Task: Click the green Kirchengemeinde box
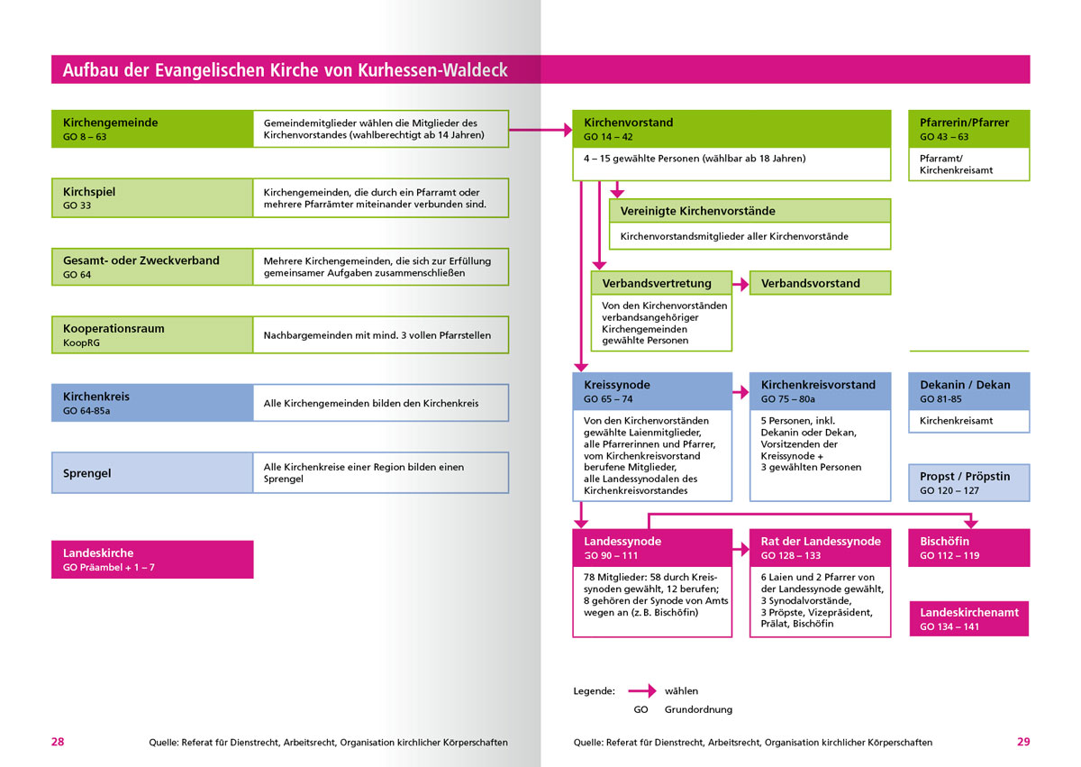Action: pyautogui.click(x=152, y=129)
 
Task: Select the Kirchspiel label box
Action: pyautogui.click(x=152, y=198)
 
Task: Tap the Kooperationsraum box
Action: pyautogui.click(x=152, y=334)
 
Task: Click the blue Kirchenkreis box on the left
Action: pyautogui.click(x=152, y=403)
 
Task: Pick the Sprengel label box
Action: pyautogui.click(x=152, y=472)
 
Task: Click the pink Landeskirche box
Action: pyautogui.click(x=152, y=559)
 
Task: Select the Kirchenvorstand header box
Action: pyautogui.click(x=731, y=129)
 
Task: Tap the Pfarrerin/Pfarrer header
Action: pyautogui.click(x=968, y=129)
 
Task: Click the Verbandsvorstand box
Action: pyautogui.click(x=820, y=283)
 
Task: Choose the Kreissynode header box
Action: pyautogui.click(x=652, y=391)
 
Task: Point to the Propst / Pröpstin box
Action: pyautogui.click(x=968, y=483)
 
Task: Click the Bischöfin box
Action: pyautogui.click(x=968, y=548)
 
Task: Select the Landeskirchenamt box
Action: pyautogui.click(x=968, y=618)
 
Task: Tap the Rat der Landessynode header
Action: pyautogui.click(x=820, y=548)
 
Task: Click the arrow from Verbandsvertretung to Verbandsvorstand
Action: pyautogui.click(x=740, y=284)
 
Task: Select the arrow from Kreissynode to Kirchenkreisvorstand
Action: pyautogui.click(x=740, y=392)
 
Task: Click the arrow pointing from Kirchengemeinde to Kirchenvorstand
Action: pyautogui.click(x=540, y=130)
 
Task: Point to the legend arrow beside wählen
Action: pyautogui.click(x=642, y=691)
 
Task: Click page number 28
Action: pyautogui.click(x=58, y=742)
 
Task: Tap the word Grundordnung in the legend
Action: pyautogui.click(x=698, y=709)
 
